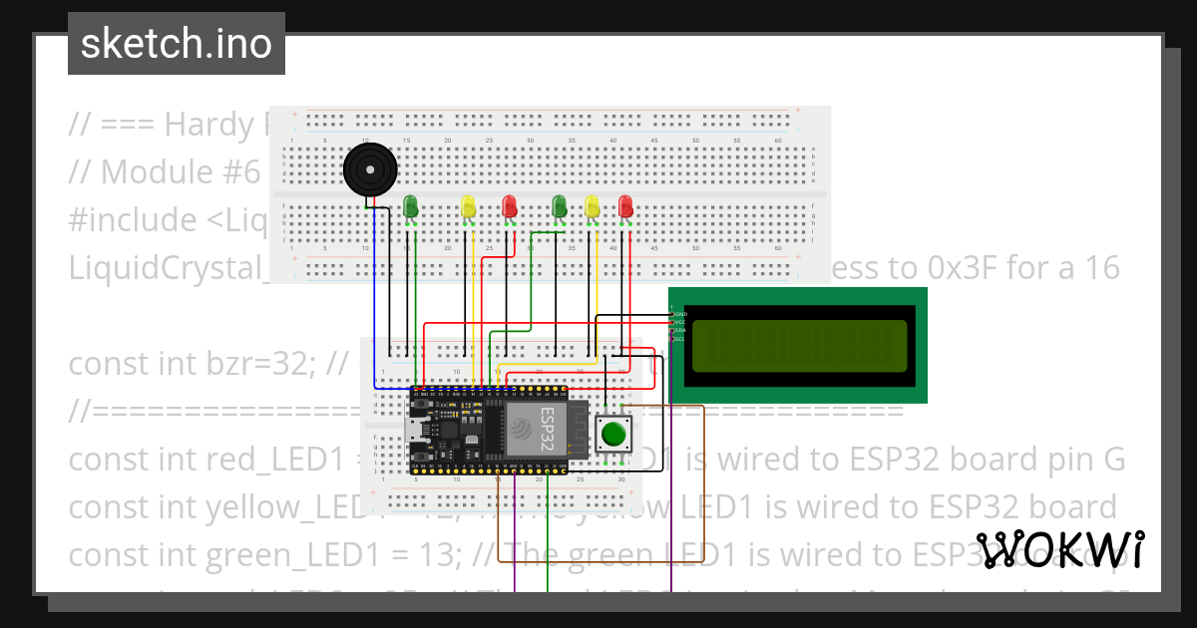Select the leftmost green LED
pyautogui.click(x=410, y=206)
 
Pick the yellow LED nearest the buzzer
pyautogui.click(x=468, y=206)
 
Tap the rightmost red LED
pyautogui.click(x=625, y=206)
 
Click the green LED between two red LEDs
pyautogui.click(x=559, y=206)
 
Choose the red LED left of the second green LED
pyautogui.click(x=509, y=206)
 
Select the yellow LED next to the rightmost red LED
pyautogui.click(x=593, y=206)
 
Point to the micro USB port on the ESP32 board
pyautogui.click(x=412, y=431)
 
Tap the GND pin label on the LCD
pyautogui.click(x=681, y=314)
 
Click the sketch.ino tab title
pyautogui.click(x=177, y=44)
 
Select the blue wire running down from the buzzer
pyautogui.click(x=375, y=299)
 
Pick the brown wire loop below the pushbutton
pyautogui.click(x=598, y=561)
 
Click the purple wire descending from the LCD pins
pyautogui.click(x=671, y=498)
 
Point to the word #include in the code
pyautogui.click(x=133, y=219)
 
